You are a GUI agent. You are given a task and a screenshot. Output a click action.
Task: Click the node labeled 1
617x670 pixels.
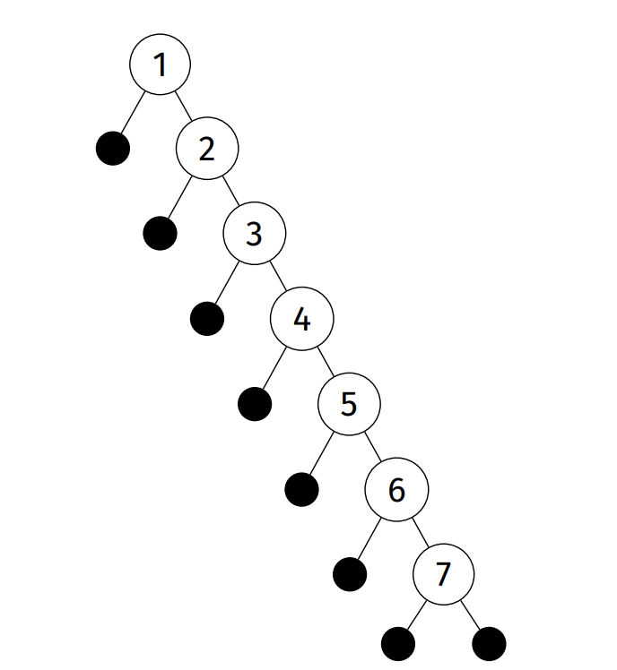pyautogui.click(x=160, y=64)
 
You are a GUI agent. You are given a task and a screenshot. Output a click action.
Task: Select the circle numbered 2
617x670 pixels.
pyautogui.click(x=207, y=149)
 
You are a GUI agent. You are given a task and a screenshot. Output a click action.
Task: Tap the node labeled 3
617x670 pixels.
pyautogui.click(x=255, y=234)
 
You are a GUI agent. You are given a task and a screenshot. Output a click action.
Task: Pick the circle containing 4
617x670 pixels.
pyautogui.click(x=302, y=319)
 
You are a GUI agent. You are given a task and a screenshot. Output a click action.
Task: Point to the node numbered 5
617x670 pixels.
pyautogui.click(x=350, y=404)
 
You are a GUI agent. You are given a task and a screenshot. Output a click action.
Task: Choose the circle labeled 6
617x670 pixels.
pyautogui.click(x=396, y=489)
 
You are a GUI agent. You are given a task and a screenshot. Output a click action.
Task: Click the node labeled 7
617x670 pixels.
pyautogui.click(x=443, y=574)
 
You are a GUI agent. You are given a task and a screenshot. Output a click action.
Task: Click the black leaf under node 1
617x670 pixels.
pyautogui.click(x=113, y=148)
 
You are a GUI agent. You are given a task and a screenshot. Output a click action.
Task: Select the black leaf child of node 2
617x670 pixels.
pyautogui.click(x=160, y=233)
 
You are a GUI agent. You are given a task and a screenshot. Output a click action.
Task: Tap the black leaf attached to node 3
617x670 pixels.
pyautogui.click(x=207, y=318)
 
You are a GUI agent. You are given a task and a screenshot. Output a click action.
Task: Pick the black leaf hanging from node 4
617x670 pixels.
pyautogui.click(x=255, y=403)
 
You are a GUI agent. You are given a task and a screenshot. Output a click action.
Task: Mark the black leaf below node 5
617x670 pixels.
pyautogui.click(x=302, y=488)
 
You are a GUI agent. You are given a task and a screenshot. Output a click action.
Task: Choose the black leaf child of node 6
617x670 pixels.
pyautogui.click(x=350, y=573)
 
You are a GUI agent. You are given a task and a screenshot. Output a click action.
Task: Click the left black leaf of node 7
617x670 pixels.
pyautogui.click(x=398, y=643)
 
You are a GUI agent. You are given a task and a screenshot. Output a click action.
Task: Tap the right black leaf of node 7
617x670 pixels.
pyautogui.click(x=489, y=643)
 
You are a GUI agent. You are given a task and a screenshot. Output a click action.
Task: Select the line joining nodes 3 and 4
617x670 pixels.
pyautogui.click(x=278, y=276)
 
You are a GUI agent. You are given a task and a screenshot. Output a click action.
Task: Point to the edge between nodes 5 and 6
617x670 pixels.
pyautogui.click(x=373, y=446)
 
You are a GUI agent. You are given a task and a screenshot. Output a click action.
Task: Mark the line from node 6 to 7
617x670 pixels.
pyautogui.click(x=420, y=532)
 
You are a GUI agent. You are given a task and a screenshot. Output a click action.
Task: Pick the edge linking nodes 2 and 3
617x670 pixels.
pyautogui.click(x=230, y=191)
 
